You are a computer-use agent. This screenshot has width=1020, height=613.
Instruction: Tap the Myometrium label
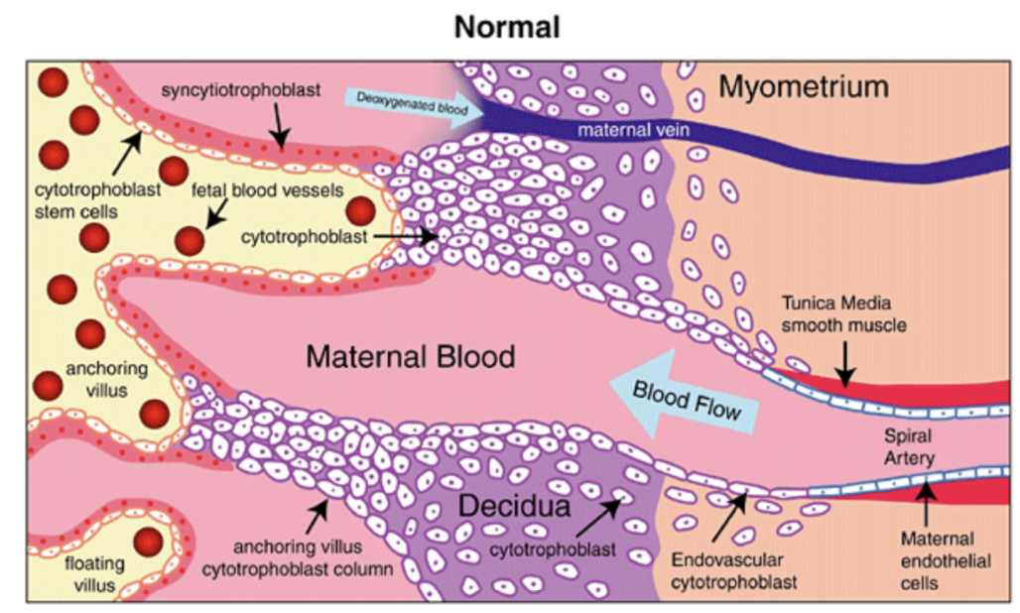[803, 87]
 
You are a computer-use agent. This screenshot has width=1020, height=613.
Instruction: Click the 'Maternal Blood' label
[410, 355]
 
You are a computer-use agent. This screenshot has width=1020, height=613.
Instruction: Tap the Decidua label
[514, 507]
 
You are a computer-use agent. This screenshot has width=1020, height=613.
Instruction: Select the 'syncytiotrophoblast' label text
[242, 90]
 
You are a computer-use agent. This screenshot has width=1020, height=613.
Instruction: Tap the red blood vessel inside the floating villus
[149, 542]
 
